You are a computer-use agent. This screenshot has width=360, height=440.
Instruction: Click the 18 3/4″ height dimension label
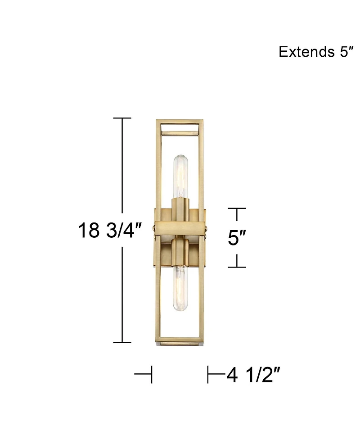(x=110, y=231)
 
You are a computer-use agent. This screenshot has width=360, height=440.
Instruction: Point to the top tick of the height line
(x=122, y=118)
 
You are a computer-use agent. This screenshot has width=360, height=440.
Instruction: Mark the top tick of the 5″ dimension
(x=237, y=209)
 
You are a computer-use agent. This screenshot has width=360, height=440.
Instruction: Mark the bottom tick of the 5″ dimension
(x=237, y=267)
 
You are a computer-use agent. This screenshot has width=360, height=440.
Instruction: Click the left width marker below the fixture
(x=145, y=374)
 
